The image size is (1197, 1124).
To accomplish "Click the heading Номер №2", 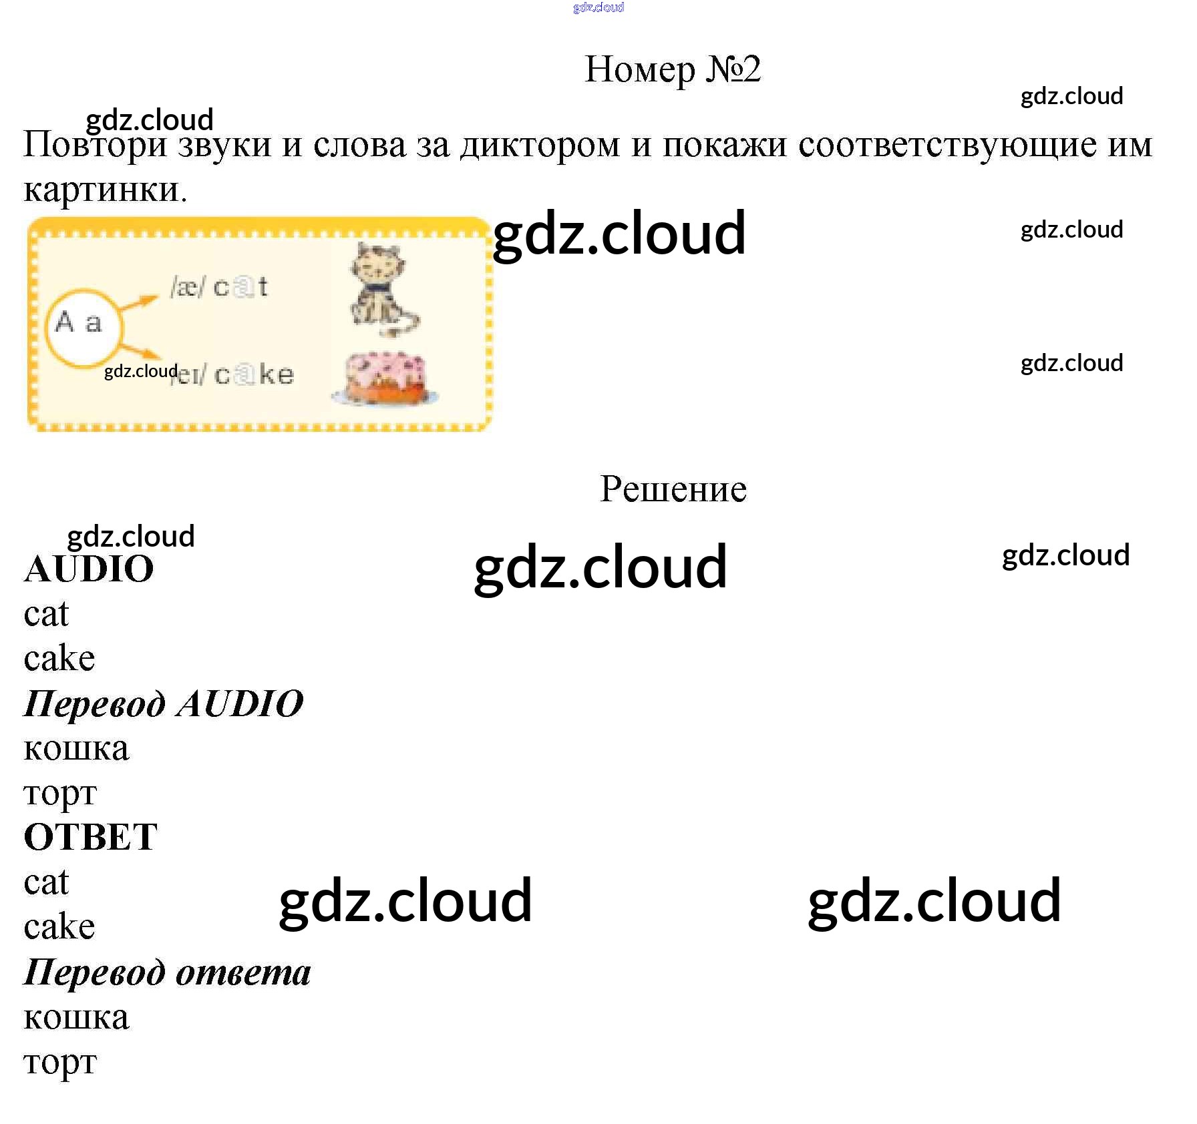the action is pyautogui.click(x=673, y=69).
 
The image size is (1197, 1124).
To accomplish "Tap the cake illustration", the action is pyautogui.click(x=385, y=378).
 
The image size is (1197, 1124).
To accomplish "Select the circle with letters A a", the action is pyautogui.click(x=84, y=328).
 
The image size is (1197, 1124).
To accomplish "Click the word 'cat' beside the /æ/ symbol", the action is pyautogui.click(x=240, y=287).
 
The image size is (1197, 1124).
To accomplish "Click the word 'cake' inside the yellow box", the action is pyautogui.click(x=254, y=374).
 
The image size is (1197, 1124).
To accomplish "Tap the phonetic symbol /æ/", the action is pyautogui.click(x=188, y=288).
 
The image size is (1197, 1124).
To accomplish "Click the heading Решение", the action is pyautogui.click(x=673, y=489).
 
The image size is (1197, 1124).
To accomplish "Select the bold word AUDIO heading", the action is pyautogui.click(x=89, y=569).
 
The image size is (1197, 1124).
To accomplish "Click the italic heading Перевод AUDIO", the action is pyautogui.click(x=164, y=704).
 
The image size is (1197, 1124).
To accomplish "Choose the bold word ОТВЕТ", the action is pyautogui.click(x=91, y=837).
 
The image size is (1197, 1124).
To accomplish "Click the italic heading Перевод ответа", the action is pyautogui.click(x=168, y=972).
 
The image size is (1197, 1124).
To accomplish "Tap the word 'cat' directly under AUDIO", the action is pyautogui.click(x=46, y=615).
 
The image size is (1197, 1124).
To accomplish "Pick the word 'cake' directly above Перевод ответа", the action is pyautogui.click(x=59, y=926).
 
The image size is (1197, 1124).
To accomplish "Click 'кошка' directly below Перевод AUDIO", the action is pyautogui.click(x=76, y=749).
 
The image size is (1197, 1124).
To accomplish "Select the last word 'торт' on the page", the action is pyautogui.click(x=60, y=1063).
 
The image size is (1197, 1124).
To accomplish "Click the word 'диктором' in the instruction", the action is pyautogui.click(x=540, y=146).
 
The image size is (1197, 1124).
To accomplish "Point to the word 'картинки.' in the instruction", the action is pyautogui.click(x=106, y=190).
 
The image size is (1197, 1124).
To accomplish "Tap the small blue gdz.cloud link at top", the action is pyautogui.click(x=598, y=7).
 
